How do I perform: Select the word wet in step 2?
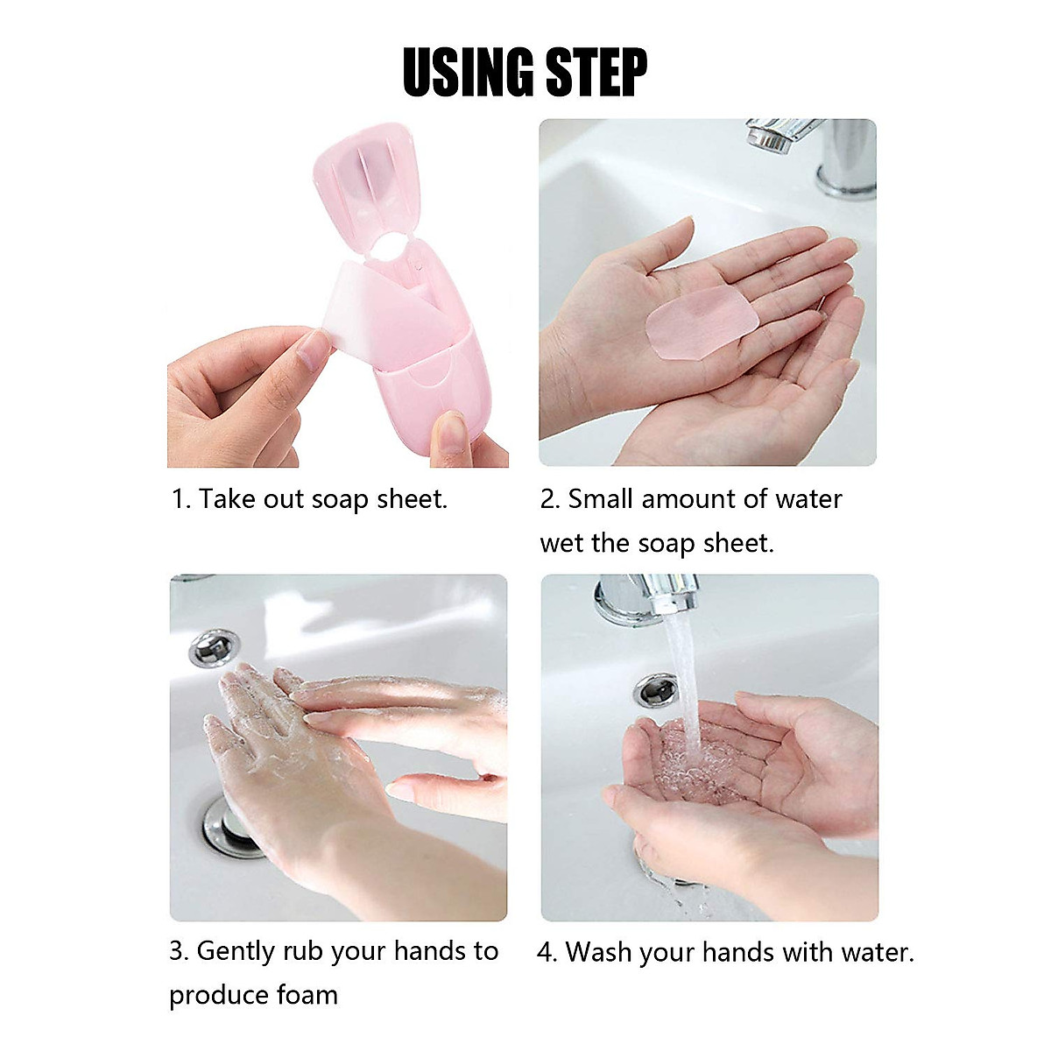pos(561,543)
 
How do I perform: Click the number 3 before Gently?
pos(176,952)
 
